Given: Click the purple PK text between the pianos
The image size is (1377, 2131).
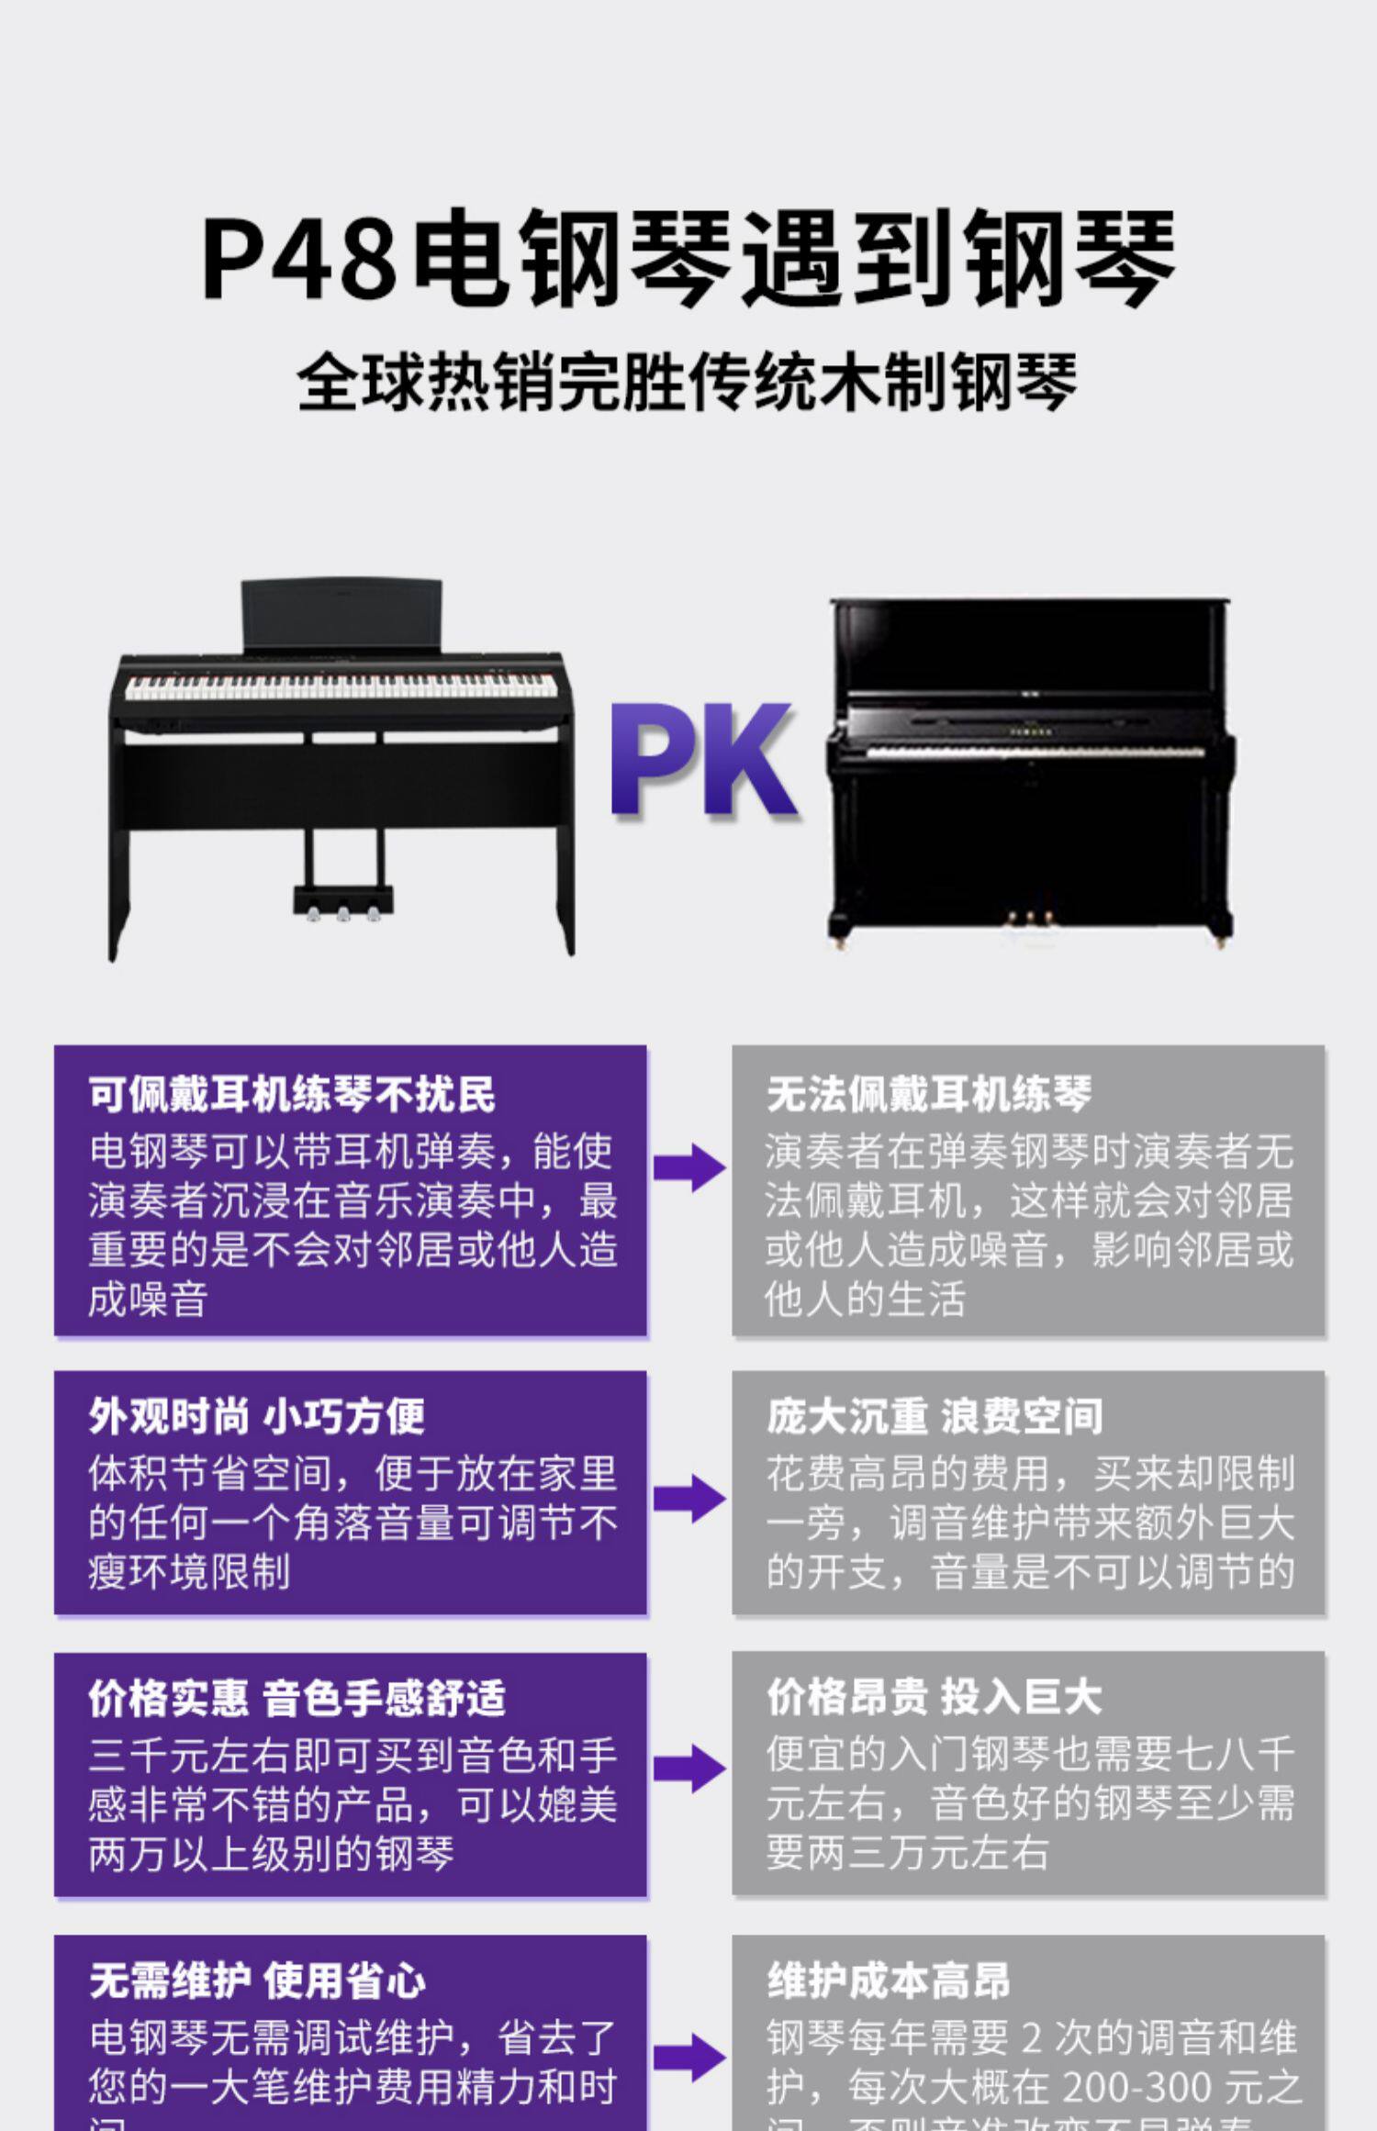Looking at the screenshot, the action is [702, 759].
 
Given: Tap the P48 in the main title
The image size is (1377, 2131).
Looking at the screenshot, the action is [298, 257].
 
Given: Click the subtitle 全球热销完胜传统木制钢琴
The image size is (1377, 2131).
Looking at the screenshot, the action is [687, 383].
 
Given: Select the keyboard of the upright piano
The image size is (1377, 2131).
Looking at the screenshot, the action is [1035, 752].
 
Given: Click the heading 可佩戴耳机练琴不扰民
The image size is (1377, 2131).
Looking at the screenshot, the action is [292, 1094].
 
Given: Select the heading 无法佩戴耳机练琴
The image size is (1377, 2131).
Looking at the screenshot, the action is [928, 1094].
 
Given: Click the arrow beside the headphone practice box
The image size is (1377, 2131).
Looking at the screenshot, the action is [689, 1168].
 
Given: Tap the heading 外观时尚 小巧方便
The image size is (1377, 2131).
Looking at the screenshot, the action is [257, 1416].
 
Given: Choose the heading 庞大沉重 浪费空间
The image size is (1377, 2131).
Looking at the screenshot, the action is [935, 1416].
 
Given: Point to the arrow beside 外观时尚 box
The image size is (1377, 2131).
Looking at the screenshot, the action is [689, 1499].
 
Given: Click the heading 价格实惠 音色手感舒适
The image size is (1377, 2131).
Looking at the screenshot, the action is [297, 1698].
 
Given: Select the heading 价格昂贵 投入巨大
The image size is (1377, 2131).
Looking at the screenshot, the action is [934, 1698].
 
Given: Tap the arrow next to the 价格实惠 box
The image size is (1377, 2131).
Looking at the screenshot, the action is [689, 1768].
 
